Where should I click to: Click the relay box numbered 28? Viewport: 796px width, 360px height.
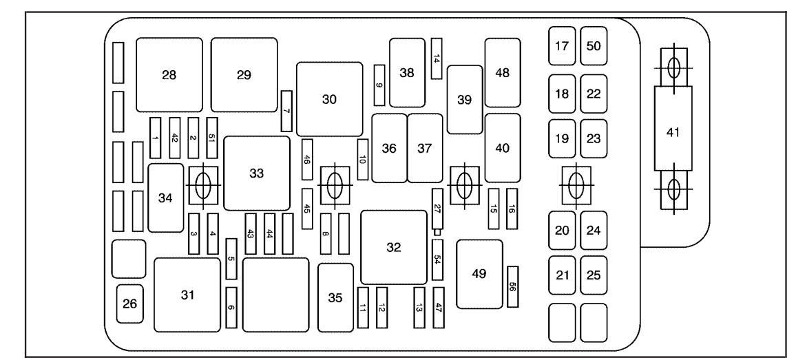click(169, 75)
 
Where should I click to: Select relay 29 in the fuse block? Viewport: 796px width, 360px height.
click(244, 75)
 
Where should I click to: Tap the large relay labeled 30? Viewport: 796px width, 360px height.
click(329, 98)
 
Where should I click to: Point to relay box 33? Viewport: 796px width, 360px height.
click(257, 173)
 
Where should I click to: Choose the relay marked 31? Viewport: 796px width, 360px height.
click(187, 295)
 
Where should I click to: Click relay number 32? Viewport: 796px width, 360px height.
click(393, 247)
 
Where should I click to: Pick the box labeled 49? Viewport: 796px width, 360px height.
click(479, 274)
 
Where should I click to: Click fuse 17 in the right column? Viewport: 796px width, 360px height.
click(562, 47)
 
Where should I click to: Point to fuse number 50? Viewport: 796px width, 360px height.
click(593, 47)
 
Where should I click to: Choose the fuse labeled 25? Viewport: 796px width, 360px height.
click(593, 275)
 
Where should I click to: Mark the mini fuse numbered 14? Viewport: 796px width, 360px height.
click(437, 58)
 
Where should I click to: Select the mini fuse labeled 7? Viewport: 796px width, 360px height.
click(286, 111)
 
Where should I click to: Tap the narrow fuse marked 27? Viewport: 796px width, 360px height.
click(437, 209)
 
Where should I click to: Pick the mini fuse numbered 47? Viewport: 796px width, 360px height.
click(439, 303)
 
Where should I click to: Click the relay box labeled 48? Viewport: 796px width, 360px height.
click(502, 73)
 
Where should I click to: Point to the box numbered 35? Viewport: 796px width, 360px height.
click(335, 297)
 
